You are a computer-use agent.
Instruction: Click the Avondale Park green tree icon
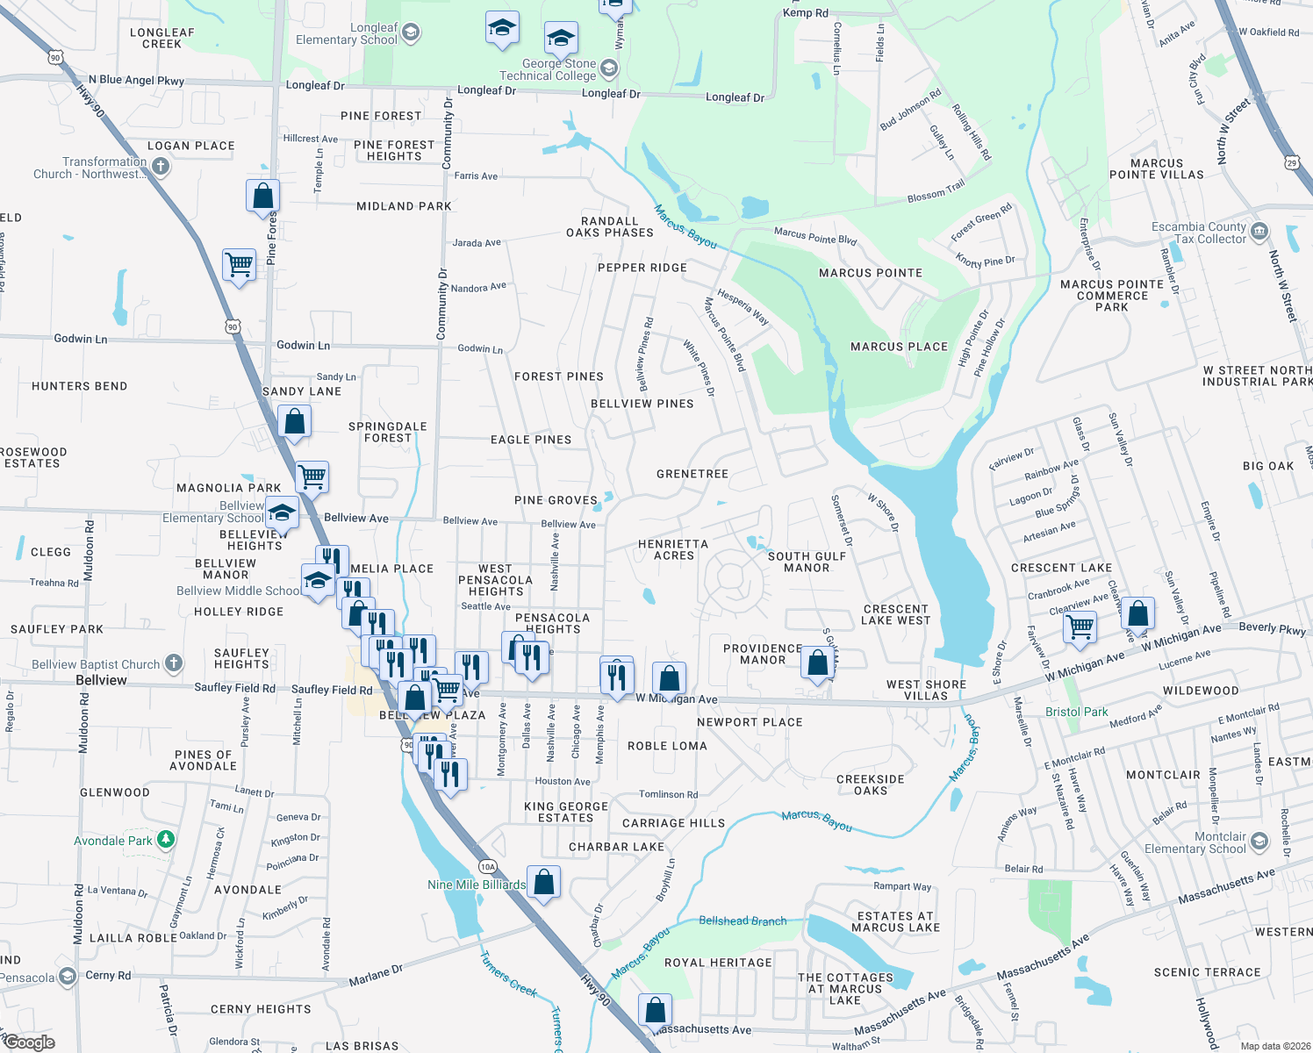tap(165, 841)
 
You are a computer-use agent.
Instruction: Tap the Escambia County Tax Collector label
tap(1198, 233)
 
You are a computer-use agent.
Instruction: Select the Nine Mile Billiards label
tap(477, 885)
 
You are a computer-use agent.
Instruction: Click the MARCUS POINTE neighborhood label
tap(870, 273)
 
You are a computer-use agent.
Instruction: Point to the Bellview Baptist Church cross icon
tap(174, 663)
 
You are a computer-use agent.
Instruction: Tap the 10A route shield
tap(488, 867)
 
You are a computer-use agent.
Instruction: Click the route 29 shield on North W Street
tap(1291, 162)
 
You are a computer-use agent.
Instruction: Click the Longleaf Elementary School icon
tap(410, 34)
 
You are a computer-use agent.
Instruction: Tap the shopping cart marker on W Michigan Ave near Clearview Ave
tap(1080, 627)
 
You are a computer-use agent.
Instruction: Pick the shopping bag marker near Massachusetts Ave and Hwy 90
tap(655, 1011)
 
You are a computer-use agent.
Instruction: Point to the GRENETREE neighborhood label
tap(692, 474)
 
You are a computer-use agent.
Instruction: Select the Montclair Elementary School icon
tap(1259, 842)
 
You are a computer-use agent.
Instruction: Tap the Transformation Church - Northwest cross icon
tap(160, 166)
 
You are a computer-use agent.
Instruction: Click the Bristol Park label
tap(1076, 712)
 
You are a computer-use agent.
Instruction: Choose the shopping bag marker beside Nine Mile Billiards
tap(544, 882)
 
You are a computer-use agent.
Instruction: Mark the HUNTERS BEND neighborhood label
tap(79, 386)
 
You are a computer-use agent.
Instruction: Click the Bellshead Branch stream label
tap(743, 920)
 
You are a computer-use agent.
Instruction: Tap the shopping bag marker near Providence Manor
tap(817, 663)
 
